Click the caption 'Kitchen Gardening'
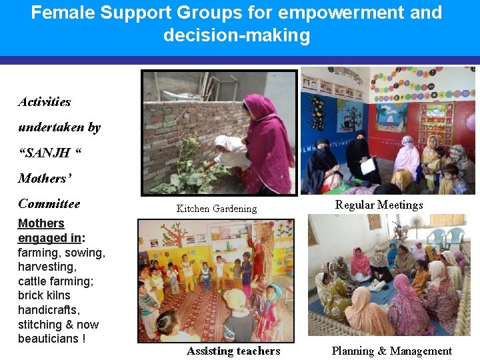[x=216, y=209]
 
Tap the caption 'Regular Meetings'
[x=379, y=205]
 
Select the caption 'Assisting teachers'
[x=233, y=351]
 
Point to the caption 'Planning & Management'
[x=391, y=351]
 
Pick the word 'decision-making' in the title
[x=237, y=35]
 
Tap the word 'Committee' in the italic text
[x=49, y=204]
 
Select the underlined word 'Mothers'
[x=41, y=223]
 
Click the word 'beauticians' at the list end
[x=48, y=339]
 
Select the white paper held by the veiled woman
[x=368, y=165]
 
